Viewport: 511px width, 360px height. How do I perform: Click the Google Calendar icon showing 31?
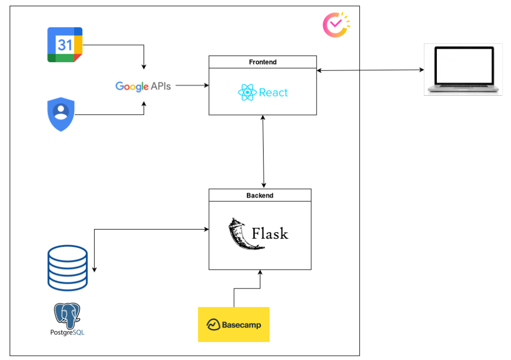click(x=64, y=44)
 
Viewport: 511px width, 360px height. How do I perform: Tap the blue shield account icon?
click(x=61, y=114)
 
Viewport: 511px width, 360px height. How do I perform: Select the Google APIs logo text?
click(x=143, y=86)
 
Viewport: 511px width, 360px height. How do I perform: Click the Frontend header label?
click(x=263, y=62)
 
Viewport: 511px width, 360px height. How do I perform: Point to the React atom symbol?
click(x=247, y=93)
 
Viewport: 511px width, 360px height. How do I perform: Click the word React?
click(x=273, y=93)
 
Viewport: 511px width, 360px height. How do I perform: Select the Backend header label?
click(x=260, y=195)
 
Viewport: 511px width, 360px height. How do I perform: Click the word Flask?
click(x=270, y=234)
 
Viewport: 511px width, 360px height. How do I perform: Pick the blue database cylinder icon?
click(x=68, y=267)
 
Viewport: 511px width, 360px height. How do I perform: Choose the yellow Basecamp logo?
click(x=233, y=324)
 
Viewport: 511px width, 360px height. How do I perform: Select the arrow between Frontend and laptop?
click(x=370, y=70)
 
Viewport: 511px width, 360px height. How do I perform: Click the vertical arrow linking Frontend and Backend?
click(x=263, y=152)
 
